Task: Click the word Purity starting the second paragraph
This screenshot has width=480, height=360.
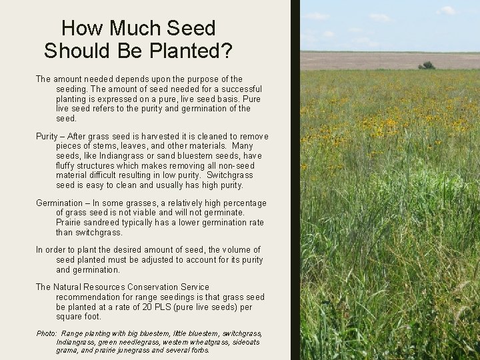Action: pyautogui.click(x=47, y=137)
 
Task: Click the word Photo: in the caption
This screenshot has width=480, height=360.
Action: pyautogui.click(x=47, y=333)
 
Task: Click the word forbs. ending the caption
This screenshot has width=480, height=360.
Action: pyautogui.click(x=199, y=350)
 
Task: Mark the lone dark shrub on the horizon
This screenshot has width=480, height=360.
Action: pyautogui.click(x=427, y=65)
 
